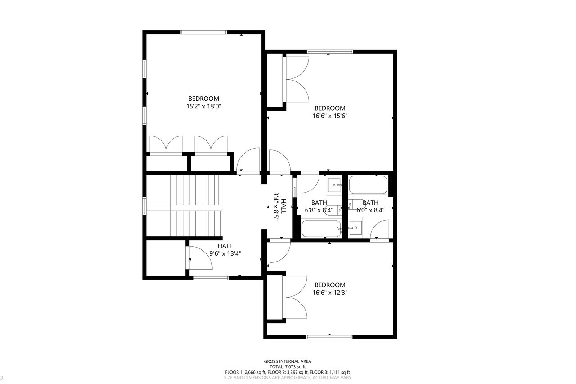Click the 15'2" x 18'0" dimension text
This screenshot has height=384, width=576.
pyautogui.click(x=204, y=106)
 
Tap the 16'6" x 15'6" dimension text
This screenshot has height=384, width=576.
pyautogui.click(x=330, y=116)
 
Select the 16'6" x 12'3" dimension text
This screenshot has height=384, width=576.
pyautogui.click(x=330, y=293)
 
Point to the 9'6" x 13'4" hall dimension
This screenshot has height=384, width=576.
pyautogui.click(x=225, y=253)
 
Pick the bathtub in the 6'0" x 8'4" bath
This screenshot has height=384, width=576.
pyautogui.click(x=368, y=185)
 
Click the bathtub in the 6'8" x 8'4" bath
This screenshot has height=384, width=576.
pyautogui.click(x=321, y=228)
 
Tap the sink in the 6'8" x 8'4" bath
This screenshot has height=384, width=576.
pyautogui.click(x=334, y=185)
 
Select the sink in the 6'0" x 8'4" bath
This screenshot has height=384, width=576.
pyautogui.click(x=355, y=227)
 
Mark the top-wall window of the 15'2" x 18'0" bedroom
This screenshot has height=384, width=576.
pyautogui.click(x=204, y=32)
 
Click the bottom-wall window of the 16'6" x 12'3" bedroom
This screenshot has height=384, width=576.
pyautogui.click(x=329, y=337)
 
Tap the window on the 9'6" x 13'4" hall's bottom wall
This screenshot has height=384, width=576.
pyautogui.click(x=211, y=278)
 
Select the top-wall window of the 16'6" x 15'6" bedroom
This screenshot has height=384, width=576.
pyautogui.click(x=330, y=51)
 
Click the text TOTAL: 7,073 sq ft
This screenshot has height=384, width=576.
pyautogui.click(x=288, y=367)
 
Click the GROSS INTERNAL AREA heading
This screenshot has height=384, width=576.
pyautogui.click(x=288, y=361)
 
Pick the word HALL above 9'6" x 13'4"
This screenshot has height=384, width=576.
pyautogui.click(x=225, y=246)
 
